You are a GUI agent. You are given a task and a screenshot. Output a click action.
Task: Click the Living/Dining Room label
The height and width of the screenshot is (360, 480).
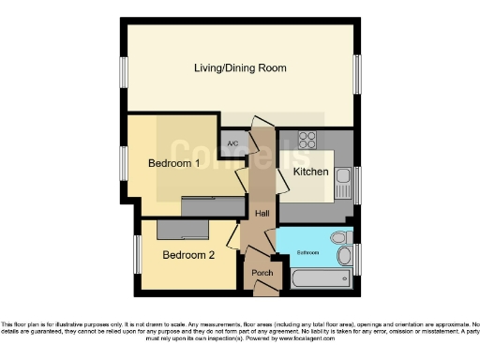click(240, 68)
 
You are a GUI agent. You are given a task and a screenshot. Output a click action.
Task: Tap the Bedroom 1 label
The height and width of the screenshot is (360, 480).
click(174, 163)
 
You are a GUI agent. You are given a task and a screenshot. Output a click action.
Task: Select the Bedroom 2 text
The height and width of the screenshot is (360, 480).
click(187, 254)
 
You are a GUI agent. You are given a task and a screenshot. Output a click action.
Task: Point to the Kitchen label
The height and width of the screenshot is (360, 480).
click(311, 172)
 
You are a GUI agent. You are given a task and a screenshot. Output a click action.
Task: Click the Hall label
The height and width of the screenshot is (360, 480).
click(262, 215)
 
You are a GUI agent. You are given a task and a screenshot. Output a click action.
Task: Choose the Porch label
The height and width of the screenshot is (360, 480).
click(262, 273)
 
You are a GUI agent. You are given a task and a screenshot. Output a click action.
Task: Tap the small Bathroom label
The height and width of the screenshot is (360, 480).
click(308, 252)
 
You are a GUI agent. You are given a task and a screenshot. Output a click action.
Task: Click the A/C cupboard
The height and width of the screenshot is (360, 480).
click(234, 143)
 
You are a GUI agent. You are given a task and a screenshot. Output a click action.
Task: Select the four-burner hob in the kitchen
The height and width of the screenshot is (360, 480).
click(307, 141)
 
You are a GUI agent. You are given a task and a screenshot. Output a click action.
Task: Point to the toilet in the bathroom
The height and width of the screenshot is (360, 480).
click(338, 237)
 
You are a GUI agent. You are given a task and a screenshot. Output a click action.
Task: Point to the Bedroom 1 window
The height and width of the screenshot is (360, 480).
click(123, 161)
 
